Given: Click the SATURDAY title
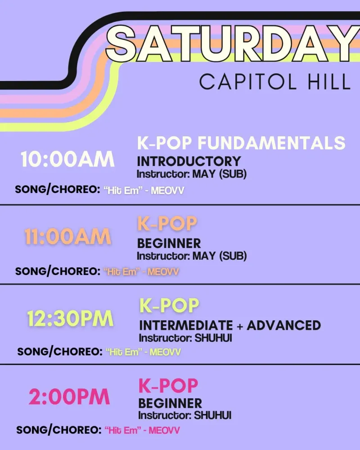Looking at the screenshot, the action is click(x=233, y=44).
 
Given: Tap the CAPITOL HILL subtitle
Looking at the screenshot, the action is click(x=275, y=82).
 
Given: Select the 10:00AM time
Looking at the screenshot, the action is click(x=67, y=159).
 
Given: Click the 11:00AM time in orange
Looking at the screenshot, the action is click(x=68, y=237).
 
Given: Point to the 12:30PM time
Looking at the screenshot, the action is click(x=70, y=319).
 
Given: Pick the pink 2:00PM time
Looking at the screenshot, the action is click(x=69, y=397).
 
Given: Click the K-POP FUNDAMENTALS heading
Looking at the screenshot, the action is click(x=241, y=143).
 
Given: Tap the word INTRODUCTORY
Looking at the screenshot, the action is click(x=189, y=161).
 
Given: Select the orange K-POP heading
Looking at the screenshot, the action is click(x=167, y=224).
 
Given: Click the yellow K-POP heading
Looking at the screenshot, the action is click(x=169, y=306).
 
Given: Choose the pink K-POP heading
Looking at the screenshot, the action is click(x=168, y=386).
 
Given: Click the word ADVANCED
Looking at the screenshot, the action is click(x=283, y=325).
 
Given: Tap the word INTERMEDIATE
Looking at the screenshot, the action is click(x=186, y=325).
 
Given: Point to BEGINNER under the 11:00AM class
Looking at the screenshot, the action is click(x=169, y=243).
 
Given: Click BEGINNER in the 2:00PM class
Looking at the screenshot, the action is click(x=170, y=404).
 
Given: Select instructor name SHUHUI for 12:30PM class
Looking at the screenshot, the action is click(x=213, y=338).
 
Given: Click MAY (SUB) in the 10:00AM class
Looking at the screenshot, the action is click(x=219, y=174).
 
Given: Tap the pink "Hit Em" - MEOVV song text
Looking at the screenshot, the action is click(x=142, y=430).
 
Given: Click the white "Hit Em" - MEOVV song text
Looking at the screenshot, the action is click(x=144, y=190).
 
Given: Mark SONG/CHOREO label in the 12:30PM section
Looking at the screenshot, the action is click(x=60, y=352).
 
